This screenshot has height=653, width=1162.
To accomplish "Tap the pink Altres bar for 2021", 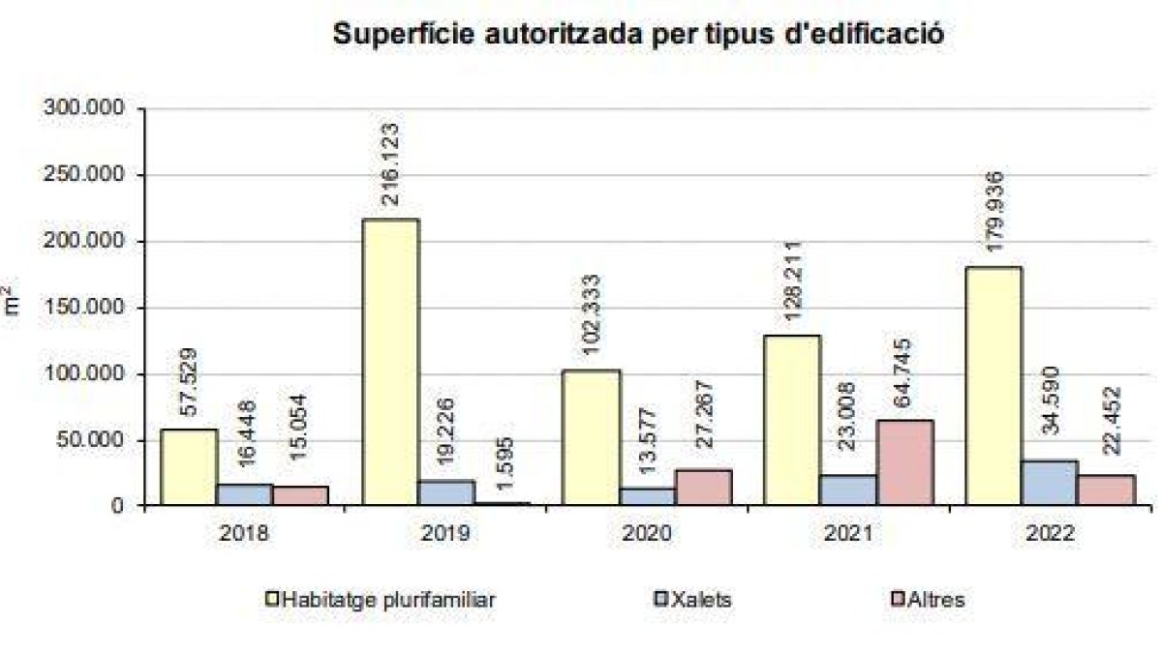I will tap(904, 462).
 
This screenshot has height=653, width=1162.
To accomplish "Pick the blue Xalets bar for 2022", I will tap(1049, 482).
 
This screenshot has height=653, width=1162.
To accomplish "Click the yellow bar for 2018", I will tap(189, 466).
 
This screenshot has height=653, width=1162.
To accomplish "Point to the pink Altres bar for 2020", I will tap(703, 487).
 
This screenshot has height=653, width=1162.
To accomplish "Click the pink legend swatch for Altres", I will tap(896, 599).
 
